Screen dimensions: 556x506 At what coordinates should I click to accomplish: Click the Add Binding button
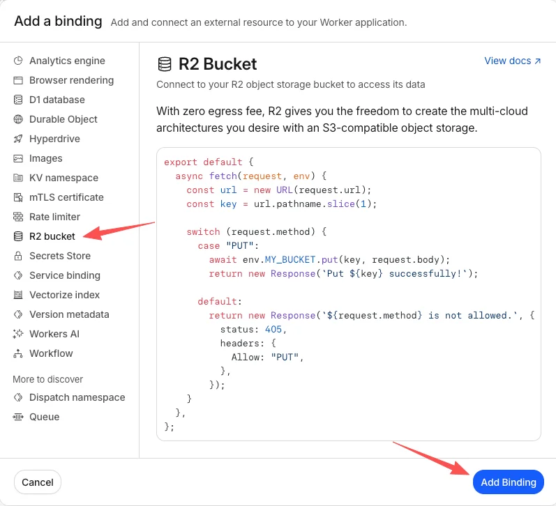pos(508,482)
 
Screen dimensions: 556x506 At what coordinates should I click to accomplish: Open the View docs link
pos(512,61)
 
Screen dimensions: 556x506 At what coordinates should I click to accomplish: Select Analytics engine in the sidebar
pos(67,61)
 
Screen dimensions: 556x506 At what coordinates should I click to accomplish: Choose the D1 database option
pos(57,100)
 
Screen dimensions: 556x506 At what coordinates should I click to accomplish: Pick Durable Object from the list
pos(63,119)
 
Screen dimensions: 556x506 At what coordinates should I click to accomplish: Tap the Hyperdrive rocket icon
pos(18,139)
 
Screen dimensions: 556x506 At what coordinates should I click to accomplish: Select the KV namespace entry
pos(63,178)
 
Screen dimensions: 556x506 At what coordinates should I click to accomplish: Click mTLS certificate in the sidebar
pos(66,197)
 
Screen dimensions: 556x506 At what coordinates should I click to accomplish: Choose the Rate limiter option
pos(54,217)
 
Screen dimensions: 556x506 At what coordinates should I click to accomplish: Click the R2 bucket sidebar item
pos(52,236)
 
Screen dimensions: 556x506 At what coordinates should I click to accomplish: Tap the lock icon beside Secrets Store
pos(18,256)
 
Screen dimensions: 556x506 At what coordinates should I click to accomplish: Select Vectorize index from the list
pos(64,294)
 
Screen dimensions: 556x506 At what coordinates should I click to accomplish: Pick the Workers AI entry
pos(54,333)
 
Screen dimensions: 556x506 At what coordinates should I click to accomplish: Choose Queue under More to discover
pos(44,417)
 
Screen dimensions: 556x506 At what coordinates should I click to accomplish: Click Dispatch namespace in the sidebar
pos(77,397)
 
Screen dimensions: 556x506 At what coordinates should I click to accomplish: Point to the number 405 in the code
pos(273,329)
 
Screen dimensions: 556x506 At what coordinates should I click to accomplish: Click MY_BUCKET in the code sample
pos(290,260)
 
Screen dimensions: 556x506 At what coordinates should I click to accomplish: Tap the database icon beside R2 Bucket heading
pos(165,64)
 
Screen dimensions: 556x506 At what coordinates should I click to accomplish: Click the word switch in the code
pos(203,231)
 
